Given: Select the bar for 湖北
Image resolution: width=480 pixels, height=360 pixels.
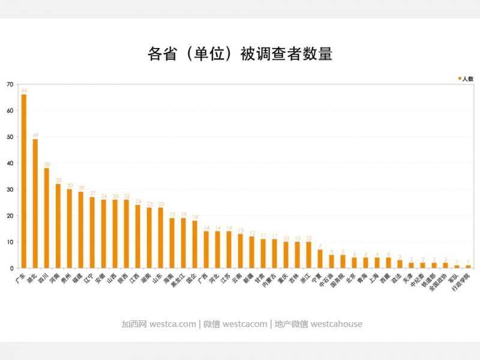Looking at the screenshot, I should (35, 203).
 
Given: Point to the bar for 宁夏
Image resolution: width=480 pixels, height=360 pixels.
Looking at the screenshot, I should (320, 259).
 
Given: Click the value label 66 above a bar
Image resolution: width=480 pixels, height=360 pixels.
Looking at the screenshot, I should (24, 91).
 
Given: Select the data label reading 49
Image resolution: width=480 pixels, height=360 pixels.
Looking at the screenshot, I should (35, 135).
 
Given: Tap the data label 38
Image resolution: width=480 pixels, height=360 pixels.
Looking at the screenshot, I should (47, 164).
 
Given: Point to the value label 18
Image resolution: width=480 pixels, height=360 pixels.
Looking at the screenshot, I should (195, 217).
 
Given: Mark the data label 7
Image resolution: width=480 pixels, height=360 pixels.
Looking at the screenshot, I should (320, 245).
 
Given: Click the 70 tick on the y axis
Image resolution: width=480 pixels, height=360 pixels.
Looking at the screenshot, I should (10, 85).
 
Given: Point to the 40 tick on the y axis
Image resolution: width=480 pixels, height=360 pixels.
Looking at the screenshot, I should (10, 163).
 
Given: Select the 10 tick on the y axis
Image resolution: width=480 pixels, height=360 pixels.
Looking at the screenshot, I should (10, 242).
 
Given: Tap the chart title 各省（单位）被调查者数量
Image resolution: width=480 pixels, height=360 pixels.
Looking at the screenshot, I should (240, 54).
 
